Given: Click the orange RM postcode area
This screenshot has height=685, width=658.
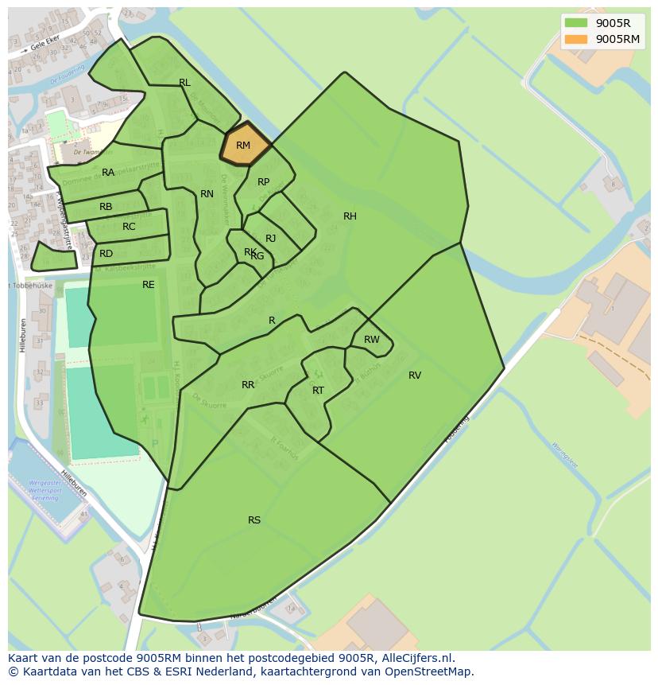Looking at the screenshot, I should pyautogui.click(x=244, y=146).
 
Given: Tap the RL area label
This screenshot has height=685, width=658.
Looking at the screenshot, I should pyautogui.click(x=184, y=83).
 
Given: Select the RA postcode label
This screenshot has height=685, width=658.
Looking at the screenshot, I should pyautogui.click(x=108, y=173).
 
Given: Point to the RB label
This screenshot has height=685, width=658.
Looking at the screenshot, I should pyautogui.click(x=106, y=207).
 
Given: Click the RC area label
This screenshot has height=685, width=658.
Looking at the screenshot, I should pyautogui.click(x=129, y=227).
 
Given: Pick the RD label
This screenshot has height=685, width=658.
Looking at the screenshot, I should pyautogui.click(x=106, y=254).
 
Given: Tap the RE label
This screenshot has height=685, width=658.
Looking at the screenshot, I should pyautogui.click(x=149, y=285).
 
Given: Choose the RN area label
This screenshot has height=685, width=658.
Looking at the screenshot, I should pyautogui.click(x=207, y=194).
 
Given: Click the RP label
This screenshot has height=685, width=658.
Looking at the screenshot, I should pyautogui.click(x=264, y=182).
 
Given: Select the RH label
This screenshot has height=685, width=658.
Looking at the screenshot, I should pyautogui.click(x=350, y=216).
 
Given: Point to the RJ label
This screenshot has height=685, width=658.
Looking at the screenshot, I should pyautogui.click(x=271, y=239).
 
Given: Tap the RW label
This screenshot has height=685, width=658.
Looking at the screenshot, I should pyautogui.click(x=372, y=340).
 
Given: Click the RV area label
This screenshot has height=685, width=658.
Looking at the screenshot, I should pyautogui.click(x=415, y=376).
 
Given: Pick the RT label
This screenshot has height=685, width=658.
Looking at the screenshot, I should pyautogui.click(x=318, y=391).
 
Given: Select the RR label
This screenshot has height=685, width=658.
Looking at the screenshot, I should pyautogui.click(x=248, y=385).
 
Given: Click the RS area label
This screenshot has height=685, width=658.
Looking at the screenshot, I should pyautogui.click(x=254, y=520).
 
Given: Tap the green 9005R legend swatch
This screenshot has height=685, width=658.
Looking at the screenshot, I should pyautogui.click(x=576, y=23).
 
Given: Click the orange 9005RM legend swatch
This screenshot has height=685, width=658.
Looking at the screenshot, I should pyautogui.click(x=576, y=39).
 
